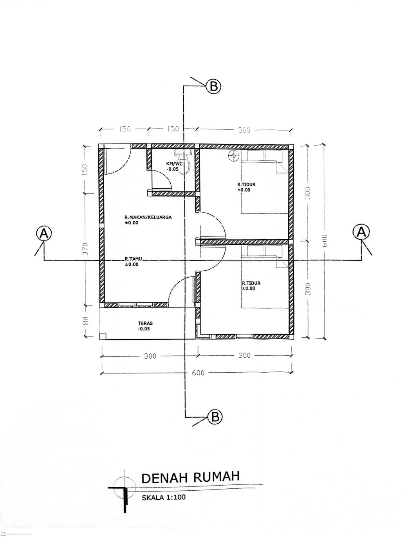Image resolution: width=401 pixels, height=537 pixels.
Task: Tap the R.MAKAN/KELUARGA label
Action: (148, 217)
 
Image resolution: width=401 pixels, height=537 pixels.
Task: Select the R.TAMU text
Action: (133, 259)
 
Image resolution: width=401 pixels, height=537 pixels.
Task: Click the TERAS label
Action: (145, 324)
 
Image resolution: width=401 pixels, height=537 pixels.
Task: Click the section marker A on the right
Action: (361, 231)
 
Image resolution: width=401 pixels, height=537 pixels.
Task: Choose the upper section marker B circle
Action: (214, 86)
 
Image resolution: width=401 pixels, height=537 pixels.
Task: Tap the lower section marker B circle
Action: (215, 417)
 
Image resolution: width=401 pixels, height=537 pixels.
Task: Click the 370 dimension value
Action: (85, 248)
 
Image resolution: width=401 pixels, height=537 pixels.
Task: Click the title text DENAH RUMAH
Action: (190, 477)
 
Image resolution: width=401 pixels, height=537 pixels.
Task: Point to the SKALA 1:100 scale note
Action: (164, 497)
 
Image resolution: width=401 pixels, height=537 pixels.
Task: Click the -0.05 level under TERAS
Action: (144, 329)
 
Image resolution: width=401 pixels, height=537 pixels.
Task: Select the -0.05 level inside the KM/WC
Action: (172, 169)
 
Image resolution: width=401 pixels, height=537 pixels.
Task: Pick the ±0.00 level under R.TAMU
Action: (132, 264)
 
